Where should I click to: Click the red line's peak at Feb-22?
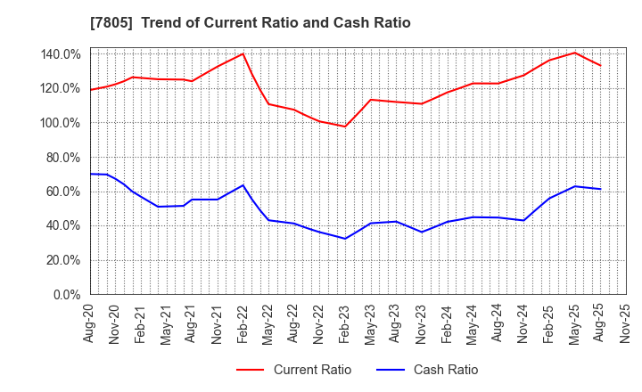coord(243,53)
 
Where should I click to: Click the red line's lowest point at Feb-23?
coord(345,127)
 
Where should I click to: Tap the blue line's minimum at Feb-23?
coord(345,238)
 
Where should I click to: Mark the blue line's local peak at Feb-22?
coord(243,185)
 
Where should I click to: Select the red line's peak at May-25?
coord(574,53)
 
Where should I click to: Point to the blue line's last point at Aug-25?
coord(600,189)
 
